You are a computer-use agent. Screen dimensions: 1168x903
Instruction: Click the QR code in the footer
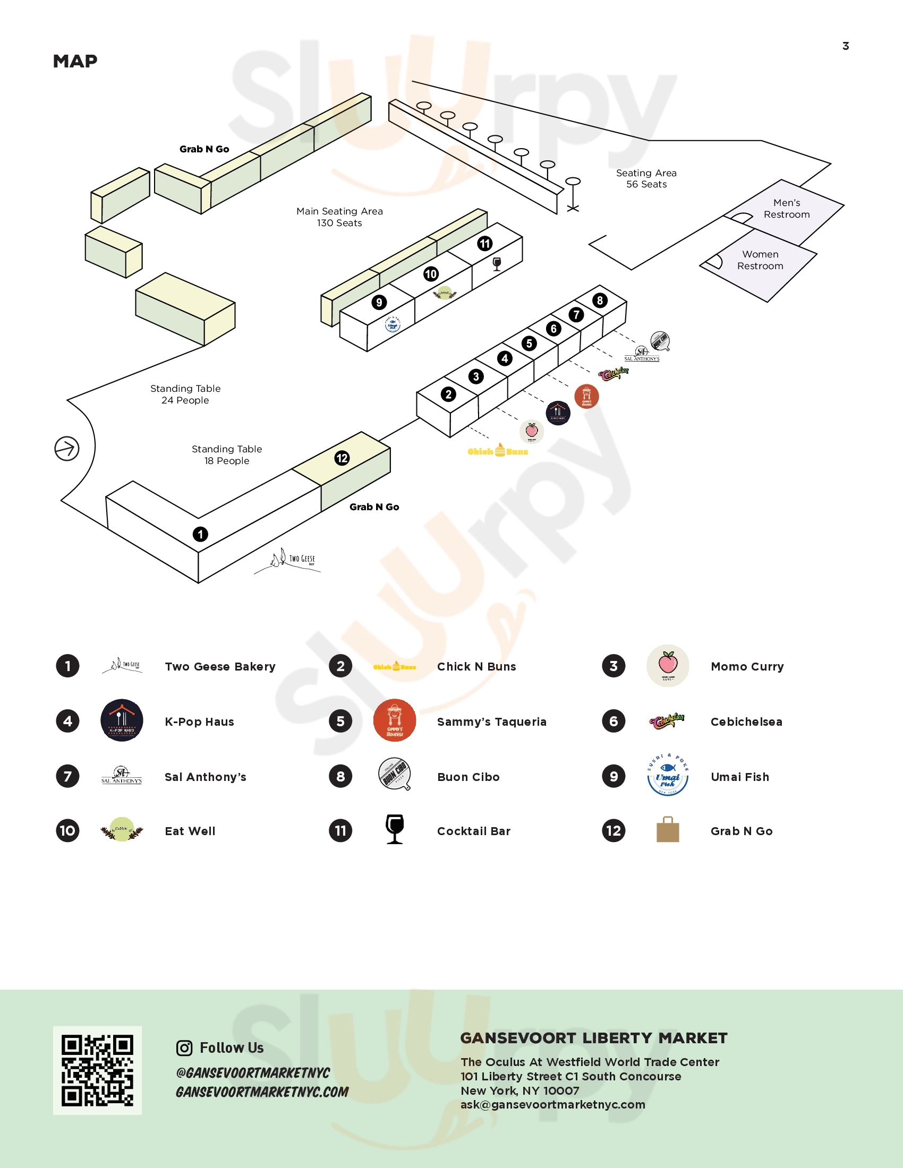97,1070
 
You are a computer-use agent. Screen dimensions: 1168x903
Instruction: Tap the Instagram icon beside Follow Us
184,1047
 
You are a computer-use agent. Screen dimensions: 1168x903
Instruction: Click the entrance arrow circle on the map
67,448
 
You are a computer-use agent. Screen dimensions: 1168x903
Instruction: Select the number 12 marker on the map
342,458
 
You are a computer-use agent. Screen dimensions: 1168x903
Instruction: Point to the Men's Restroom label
786,209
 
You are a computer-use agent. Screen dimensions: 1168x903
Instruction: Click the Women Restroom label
760,260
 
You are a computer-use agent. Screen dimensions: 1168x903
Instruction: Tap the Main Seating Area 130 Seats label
340,217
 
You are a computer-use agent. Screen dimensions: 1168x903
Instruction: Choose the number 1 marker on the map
200,534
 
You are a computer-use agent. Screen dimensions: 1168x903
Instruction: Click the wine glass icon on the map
497,264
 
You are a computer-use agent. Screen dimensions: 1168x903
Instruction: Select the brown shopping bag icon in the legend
668,829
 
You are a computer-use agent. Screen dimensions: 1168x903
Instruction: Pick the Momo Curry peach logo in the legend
668,665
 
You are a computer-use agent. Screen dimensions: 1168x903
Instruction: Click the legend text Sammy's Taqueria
492,722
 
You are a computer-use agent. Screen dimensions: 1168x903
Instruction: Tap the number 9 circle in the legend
614,776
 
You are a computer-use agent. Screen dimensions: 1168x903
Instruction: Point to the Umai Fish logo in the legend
668,776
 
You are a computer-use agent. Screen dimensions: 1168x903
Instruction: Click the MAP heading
75,62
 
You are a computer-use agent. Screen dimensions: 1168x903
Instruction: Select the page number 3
845,46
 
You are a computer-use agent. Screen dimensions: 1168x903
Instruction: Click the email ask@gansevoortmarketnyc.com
552,1104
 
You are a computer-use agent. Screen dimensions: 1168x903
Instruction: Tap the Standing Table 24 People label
185,394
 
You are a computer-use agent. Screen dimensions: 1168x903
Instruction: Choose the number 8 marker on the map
600,300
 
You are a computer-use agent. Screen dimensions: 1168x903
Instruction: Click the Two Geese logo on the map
289,560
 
